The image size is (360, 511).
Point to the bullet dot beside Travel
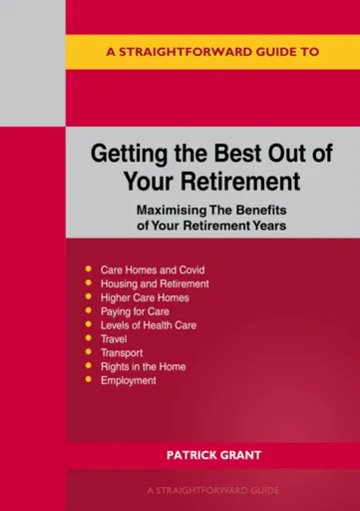click(x=88, y=339)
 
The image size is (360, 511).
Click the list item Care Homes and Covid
click(x=151, y=269)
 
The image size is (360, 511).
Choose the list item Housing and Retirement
click(x=155, y=283)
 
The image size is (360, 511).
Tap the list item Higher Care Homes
click(x=145, y=297)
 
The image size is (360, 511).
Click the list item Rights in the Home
click(x=143, y=367)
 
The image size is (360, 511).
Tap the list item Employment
click(x=129, y=381)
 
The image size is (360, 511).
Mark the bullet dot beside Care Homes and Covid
click(x=88, y=269)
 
